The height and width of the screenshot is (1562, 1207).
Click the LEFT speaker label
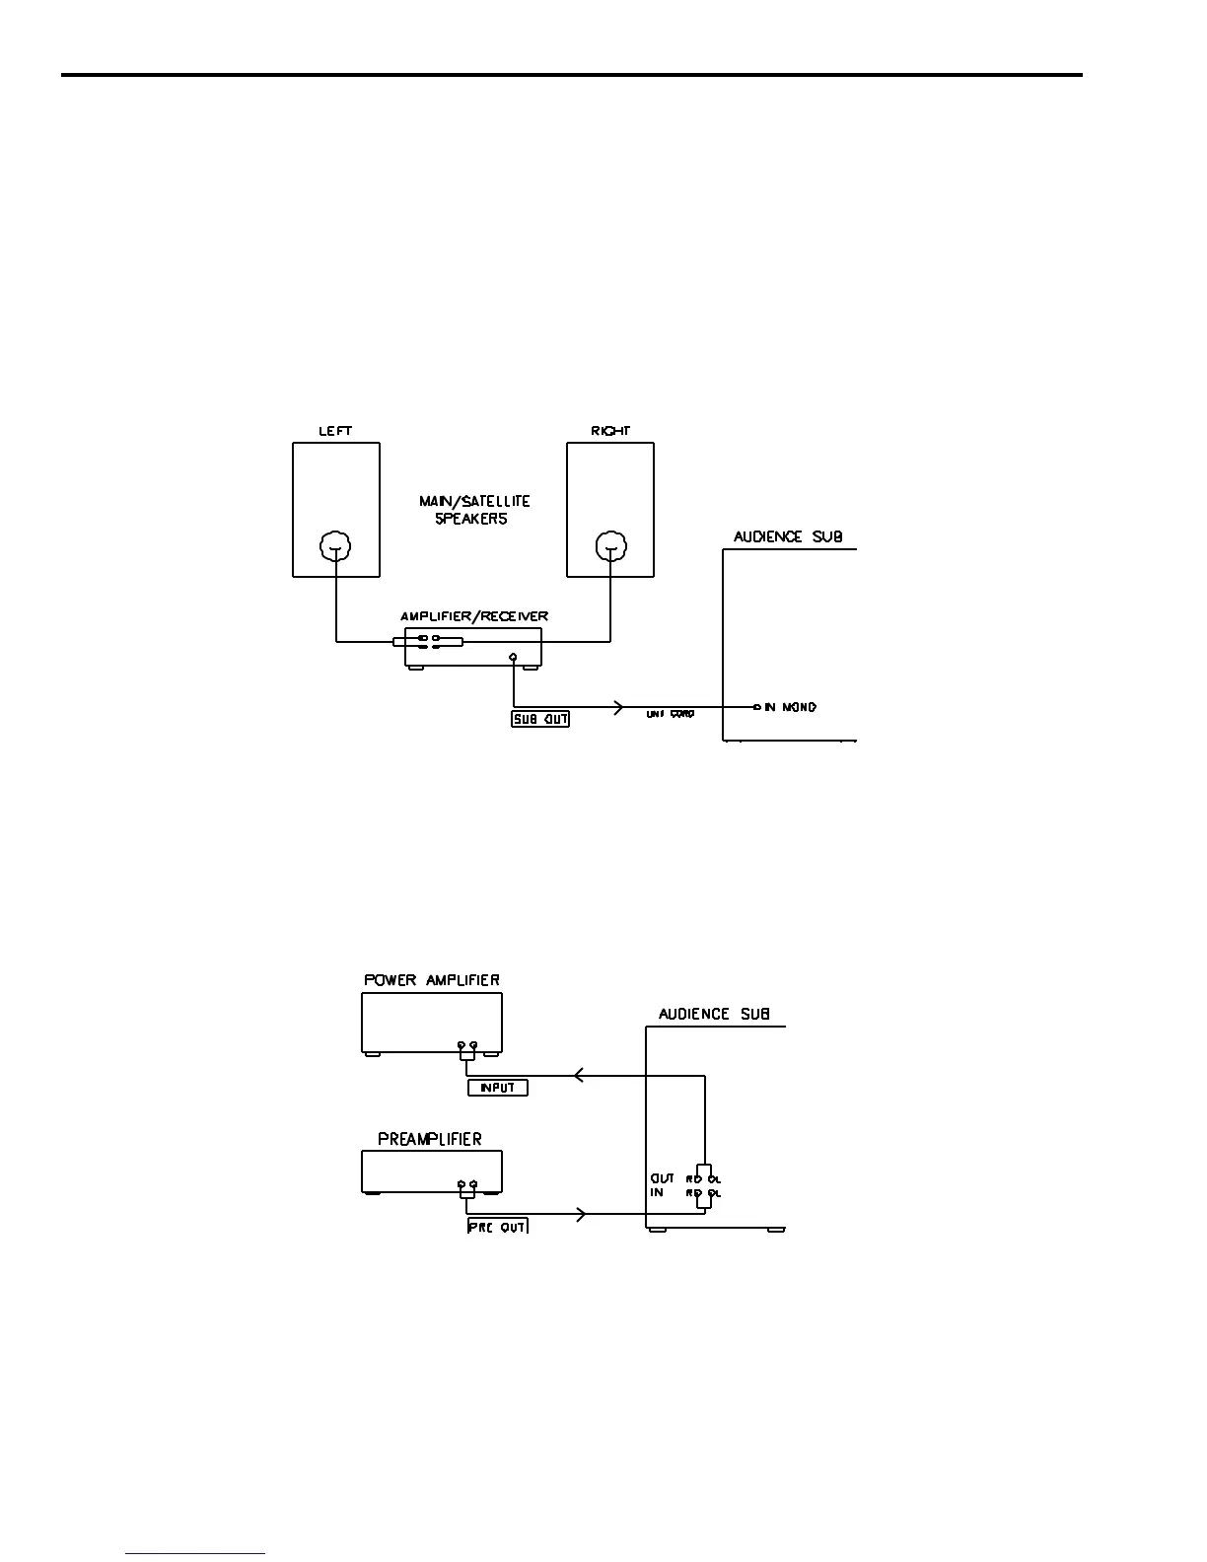pyautogui.click(x=335, y=431)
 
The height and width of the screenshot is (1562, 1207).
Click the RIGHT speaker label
pyautogui.click(x=610, y=431)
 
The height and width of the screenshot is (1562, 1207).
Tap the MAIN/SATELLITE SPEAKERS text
pyautogui.click(x=474, y=510)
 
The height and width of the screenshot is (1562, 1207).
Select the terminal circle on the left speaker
pyautogui.click(x=336, y=546)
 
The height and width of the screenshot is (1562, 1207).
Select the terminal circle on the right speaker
pyautogui.click(x=610, y=546)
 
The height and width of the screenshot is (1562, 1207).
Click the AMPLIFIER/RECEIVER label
pyautogui.click(x=474, y=616)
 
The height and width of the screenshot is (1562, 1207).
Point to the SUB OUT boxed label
pyautogui.click(x=540, y=719)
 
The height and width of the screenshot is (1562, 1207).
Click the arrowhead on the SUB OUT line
pyautogui.click(x=618, y=707)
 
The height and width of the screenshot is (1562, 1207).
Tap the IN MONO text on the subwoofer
pyautogui.click(x=790, y=707)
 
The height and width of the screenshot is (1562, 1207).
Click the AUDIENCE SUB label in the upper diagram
pyautogui.click(x=788, y=537)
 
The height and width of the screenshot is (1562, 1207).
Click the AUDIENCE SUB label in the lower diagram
pyautogui.click(x=714, y=1014)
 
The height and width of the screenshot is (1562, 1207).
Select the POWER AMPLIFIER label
pyautogui.click(x=432, y=980)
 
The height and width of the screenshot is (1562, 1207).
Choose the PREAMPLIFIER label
pyautogui.click(x=430, y=1139)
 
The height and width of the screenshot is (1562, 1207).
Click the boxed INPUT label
pyautogui.click(x=498, y=1088)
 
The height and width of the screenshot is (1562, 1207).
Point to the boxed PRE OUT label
pyautogui.click(x=498, y=1227)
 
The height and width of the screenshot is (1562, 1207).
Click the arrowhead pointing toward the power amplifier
pyautogui.click(x=579, y=1075)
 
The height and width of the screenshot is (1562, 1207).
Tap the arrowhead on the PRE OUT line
pyautogui.click(x=581, y=1214)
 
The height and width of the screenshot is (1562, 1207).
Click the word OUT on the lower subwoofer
pyautogui.click(x=663, y=1178)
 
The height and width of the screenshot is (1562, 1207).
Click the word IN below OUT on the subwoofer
pyautogui.click(x=657, y=1193)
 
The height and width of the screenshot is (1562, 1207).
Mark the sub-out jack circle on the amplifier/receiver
pyautogui.click(x=513, y=657)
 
